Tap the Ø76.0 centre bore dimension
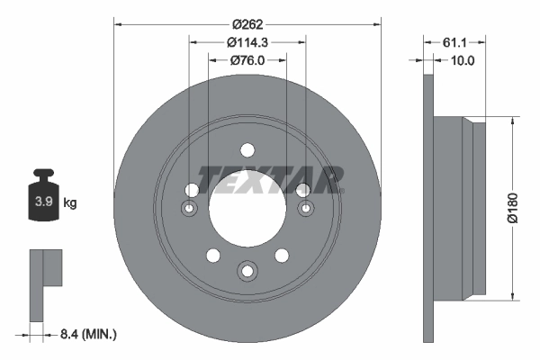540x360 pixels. point(247,61)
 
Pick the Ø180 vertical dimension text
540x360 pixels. point(511,207)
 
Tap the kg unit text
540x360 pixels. point(70,203)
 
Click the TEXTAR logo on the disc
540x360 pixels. point(271,179)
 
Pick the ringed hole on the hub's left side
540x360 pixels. point(189,209)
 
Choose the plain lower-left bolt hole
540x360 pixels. point(212,255)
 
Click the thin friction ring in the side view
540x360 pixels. point(428,207)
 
